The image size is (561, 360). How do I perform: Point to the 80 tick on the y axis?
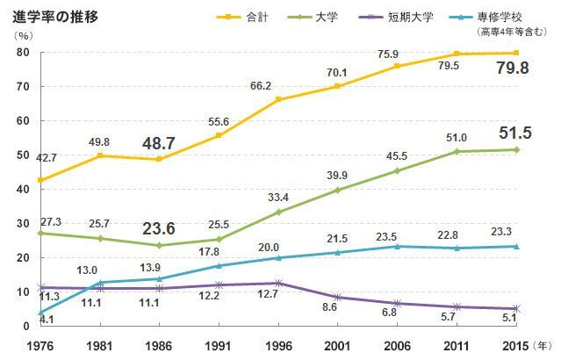pyautogui.click(x=23, y=53)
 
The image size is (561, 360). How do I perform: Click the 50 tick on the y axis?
pyautogui.click(x=23, y=155)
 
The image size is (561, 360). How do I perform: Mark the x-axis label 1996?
pyautogui.click(x=277, y=344)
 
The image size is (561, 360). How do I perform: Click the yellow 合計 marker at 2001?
pyautogui.click(x=336, y=86)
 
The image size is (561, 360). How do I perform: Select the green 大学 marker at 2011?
pyautogui.click(x=457, y=152)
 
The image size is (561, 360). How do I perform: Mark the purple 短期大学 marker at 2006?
pyautogui.click(x=397, y=303)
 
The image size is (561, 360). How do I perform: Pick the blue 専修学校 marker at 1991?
pyautogui.click(x=219, y=265)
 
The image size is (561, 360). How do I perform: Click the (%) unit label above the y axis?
pyautogui.click(x=24, y=35)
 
